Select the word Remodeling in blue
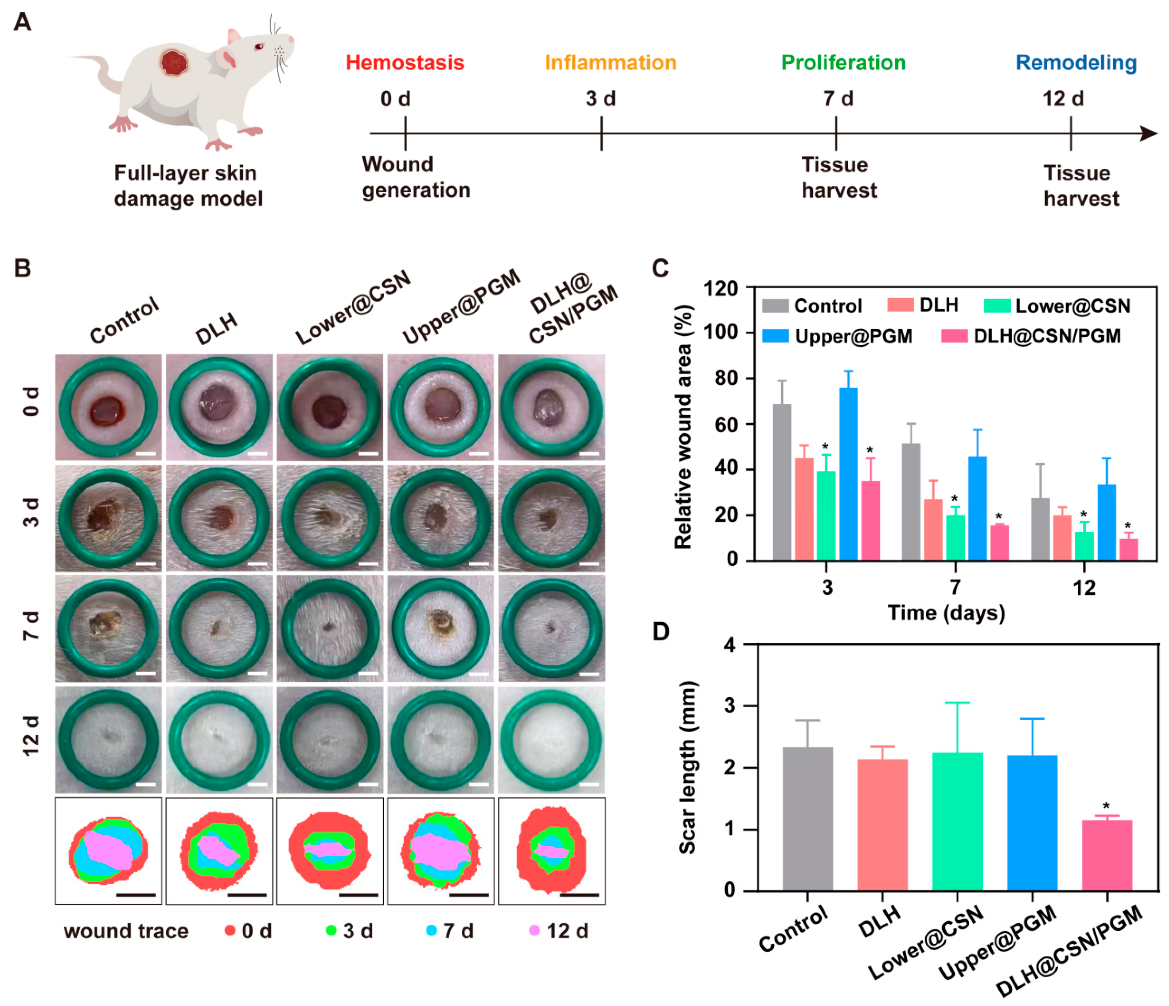point(1076,63)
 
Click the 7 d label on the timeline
point(838,99)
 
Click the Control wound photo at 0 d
point(108,407)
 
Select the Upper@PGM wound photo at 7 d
point(441,628)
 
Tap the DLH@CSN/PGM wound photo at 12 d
point(551,739)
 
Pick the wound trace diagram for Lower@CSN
point(330,851)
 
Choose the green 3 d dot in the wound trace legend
point(331,930)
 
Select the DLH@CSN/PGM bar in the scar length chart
point(1107,855)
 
